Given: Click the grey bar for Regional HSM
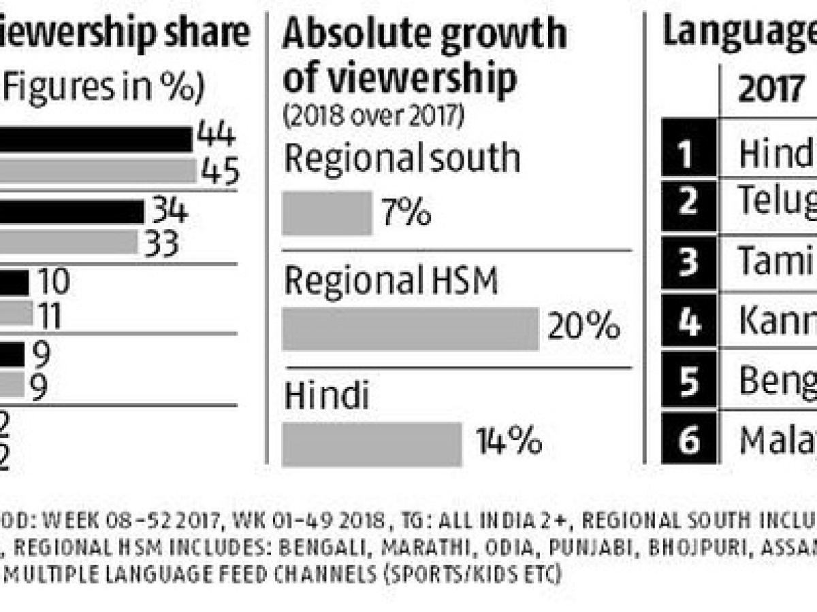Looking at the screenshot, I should point(411,328).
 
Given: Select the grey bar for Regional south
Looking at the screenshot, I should point(327,213).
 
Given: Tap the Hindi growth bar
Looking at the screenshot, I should point(372,443).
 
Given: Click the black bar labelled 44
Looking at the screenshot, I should point(95,139).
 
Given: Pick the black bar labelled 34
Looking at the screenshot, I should point(71,211).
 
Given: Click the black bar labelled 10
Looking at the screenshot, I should point(14,283).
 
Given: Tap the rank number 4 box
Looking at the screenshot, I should point(689,321).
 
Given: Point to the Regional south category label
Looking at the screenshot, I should point(402,158).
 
